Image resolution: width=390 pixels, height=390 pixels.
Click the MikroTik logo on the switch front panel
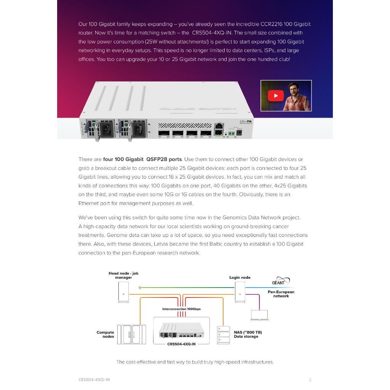[246, 122]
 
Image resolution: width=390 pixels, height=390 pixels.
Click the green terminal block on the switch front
[231, 133]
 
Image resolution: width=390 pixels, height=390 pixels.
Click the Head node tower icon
[123, 292]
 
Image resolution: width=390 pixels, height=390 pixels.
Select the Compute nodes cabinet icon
[131, 335]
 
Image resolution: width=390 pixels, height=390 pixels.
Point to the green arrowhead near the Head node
[141, 288]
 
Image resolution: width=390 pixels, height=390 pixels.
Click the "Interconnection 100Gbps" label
[181, 309]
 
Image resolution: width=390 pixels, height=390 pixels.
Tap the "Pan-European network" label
[281, 294]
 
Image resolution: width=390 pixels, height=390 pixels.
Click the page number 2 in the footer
[310, 380]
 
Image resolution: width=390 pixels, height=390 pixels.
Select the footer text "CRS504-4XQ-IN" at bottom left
[94, 380]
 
